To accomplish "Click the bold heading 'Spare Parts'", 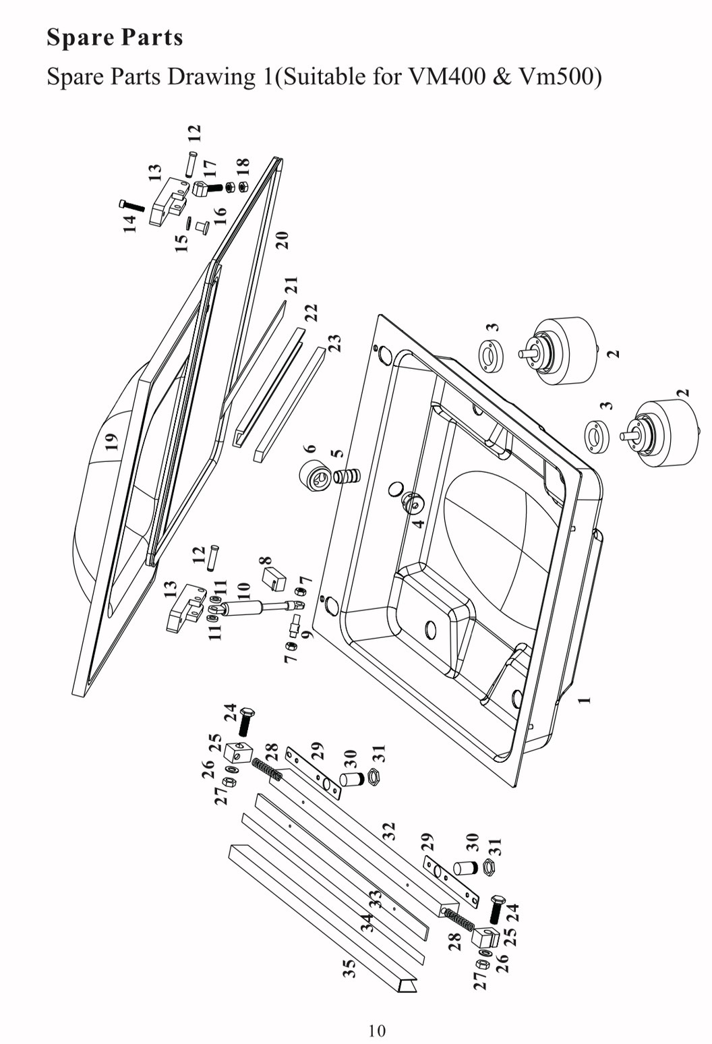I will (115, 38).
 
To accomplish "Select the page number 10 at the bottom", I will (377, 1030).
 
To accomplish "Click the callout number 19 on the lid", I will (112, 441).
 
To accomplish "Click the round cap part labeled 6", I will (314, 476).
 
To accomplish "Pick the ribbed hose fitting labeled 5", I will (347, 476).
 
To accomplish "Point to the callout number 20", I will (283, 240).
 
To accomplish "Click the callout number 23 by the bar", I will (335, 343).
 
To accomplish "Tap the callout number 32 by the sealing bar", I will (389, 831).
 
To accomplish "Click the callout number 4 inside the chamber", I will (419, 523).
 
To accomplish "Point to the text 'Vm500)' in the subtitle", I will (560, 77).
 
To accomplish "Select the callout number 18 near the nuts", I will (243, 167).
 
